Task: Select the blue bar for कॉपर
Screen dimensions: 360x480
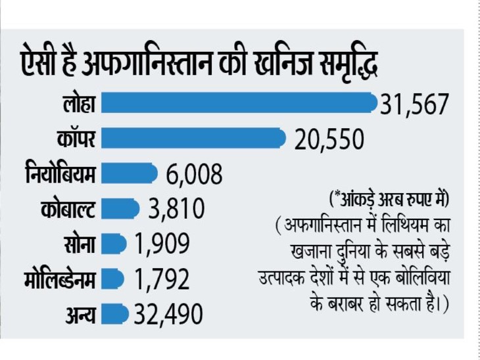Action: pyautogui.click(x=193, y=138)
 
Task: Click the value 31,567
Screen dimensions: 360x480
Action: pyautogui.click(x=414, y=104)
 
